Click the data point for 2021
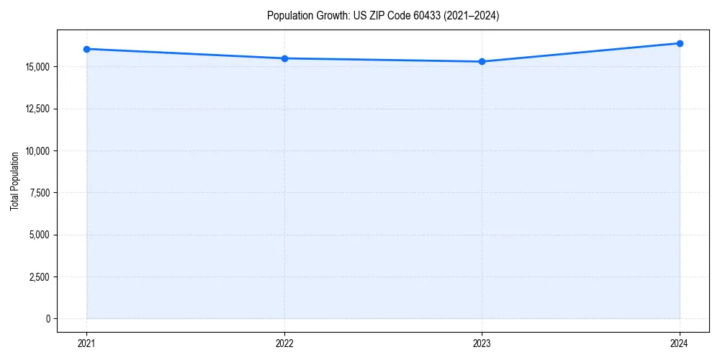(86, 49)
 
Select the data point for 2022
(284, 58)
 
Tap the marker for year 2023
(482, 61)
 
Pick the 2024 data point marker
(680, 43)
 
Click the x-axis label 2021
(86, 343)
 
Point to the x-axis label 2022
(284, 343)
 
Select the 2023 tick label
(482, 343)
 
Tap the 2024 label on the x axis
(680, 343)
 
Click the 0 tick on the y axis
(48, 318)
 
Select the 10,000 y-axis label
(37, 151)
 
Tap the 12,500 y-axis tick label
(37, 109)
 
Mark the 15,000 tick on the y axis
(37, 67)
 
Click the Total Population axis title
(14, 181)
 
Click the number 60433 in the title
(433, 16)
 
